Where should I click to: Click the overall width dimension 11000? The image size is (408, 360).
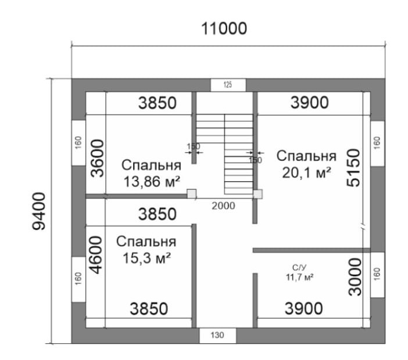224,28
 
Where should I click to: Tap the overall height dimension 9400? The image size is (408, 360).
39,211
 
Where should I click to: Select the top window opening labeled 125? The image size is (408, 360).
228,85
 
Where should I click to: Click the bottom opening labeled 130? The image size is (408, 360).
217,335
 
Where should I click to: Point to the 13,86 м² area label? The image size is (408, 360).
152,181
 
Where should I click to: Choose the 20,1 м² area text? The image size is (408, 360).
307,172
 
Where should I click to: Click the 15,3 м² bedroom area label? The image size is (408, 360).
146,258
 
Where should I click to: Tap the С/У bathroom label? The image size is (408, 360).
299,268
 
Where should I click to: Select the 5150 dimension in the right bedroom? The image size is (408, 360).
353,168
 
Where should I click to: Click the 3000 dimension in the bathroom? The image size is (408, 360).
355,277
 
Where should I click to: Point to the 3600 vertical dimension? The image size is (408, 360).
97,158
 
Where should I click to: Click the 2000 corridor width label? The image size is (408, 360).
224,206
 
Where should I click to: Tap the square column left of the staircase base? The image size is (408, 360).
192,194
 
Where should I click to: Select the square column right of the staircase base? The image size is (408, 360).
258,194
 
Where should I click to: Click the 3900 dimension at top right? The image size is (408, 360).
310,102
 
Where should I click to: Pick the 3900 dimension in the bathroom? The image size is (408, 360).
304,308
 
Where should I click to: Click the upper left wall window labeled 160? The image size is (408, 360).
78,143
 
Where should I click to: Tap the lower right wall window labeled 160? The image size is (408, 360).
378,275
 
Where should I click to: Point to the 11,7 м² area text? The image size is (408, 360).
300,277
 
